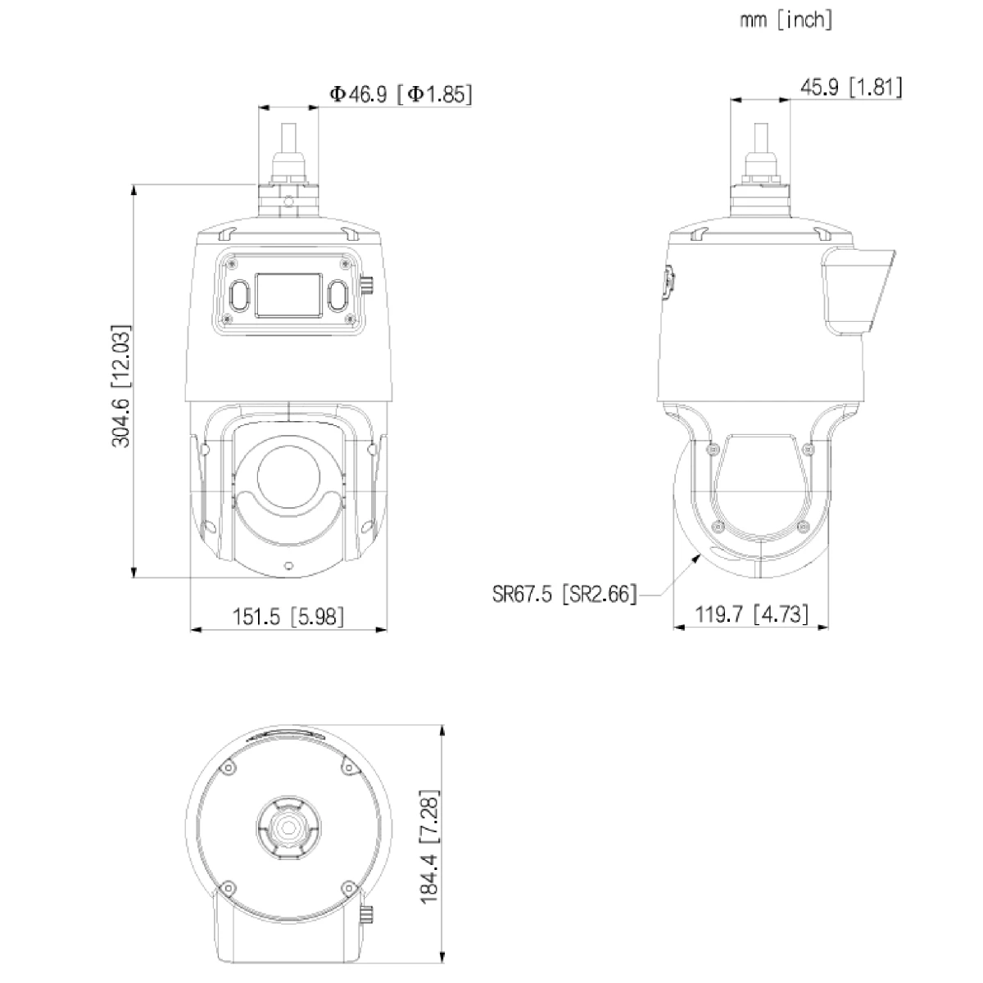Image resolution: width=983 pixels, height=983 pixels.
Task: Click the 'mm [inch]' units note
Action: [786, 20]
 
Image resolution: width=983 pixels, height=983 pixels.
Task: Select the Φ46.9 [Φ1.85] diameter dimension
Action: [401, 94]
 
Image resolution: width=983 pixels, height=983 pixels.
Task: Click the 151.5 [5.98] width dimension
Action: [288, 616]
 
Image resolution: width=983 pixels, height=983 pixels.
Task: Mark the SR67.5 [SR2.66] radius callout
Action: [564, 593]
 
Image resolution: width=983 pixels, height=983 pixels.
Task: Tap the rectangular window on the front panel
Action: [288, 295]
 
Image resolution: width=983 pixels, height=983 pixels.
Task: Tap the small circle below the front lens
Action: [288, 564]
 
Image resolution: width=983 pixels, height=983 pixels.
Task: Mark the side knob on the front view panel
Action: [368, 286]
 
